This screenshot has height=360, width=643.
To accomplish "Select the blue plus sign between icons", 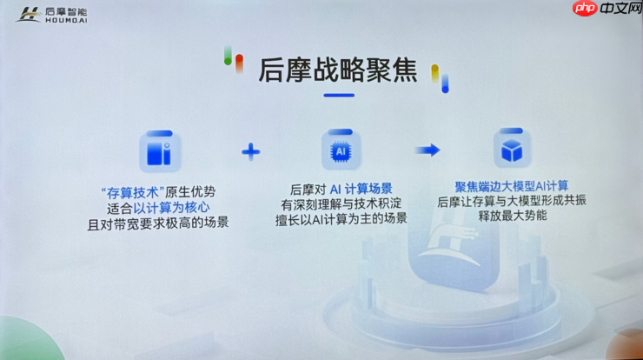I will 251,152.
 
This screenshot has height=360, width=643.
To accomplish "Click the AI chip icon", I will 340,150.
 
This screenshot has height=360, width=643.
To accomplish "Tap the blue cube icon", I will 511,150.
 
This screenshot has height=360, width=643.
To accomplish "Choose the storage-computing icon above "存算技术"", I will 161,151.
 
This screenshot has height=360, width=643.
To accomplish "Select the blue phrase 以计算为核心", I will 169,207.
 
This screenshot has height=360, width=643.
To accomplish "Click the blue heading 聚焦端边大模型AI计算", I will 512,186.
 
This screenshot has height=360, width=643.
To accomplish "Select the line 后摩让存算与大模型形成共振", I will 512,201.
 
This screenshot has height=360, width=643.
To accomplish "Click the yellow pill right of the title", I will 436,73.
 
